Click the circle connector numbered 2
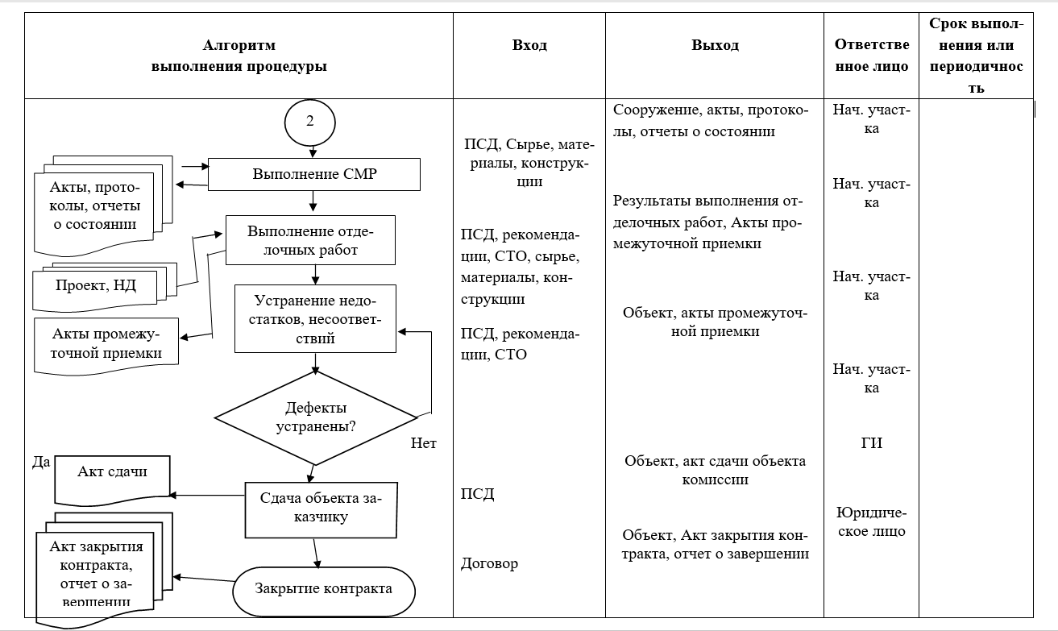[310, 122]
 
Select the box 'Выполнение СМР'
[314, 174]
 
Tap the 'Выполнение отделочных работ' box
[310, 240]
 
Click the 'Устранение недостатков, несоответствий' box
[315, 319]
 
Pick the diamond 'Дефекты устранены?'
[316, 418]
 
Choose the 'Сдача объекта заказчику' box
[322, 510]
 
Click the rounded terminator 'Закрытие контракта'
[324, 592]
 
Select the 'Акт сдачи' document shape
[113, 479]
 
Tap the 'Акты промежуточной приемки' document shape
[106, 345]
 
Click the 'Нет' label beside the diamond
[423, 443]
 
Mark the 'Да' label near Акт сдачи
[41, 462]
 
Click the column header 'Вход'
[529, 45]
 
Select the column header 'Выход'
[715, 45]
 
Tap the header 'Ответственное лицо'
[871, 56]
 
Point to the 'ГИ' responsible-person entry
[871, 443]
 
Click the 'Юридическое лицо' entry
[871, 522]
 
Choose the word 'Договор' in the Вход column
[489, 563]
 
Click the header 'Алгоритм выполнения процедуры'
[239, 56]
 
